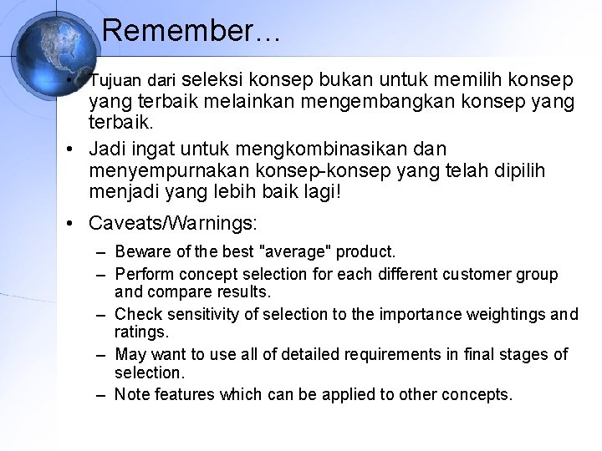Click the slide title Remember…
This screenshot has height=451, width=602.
coord(191,32)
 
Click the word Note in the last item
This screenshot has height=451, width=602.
coord(130,394)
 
